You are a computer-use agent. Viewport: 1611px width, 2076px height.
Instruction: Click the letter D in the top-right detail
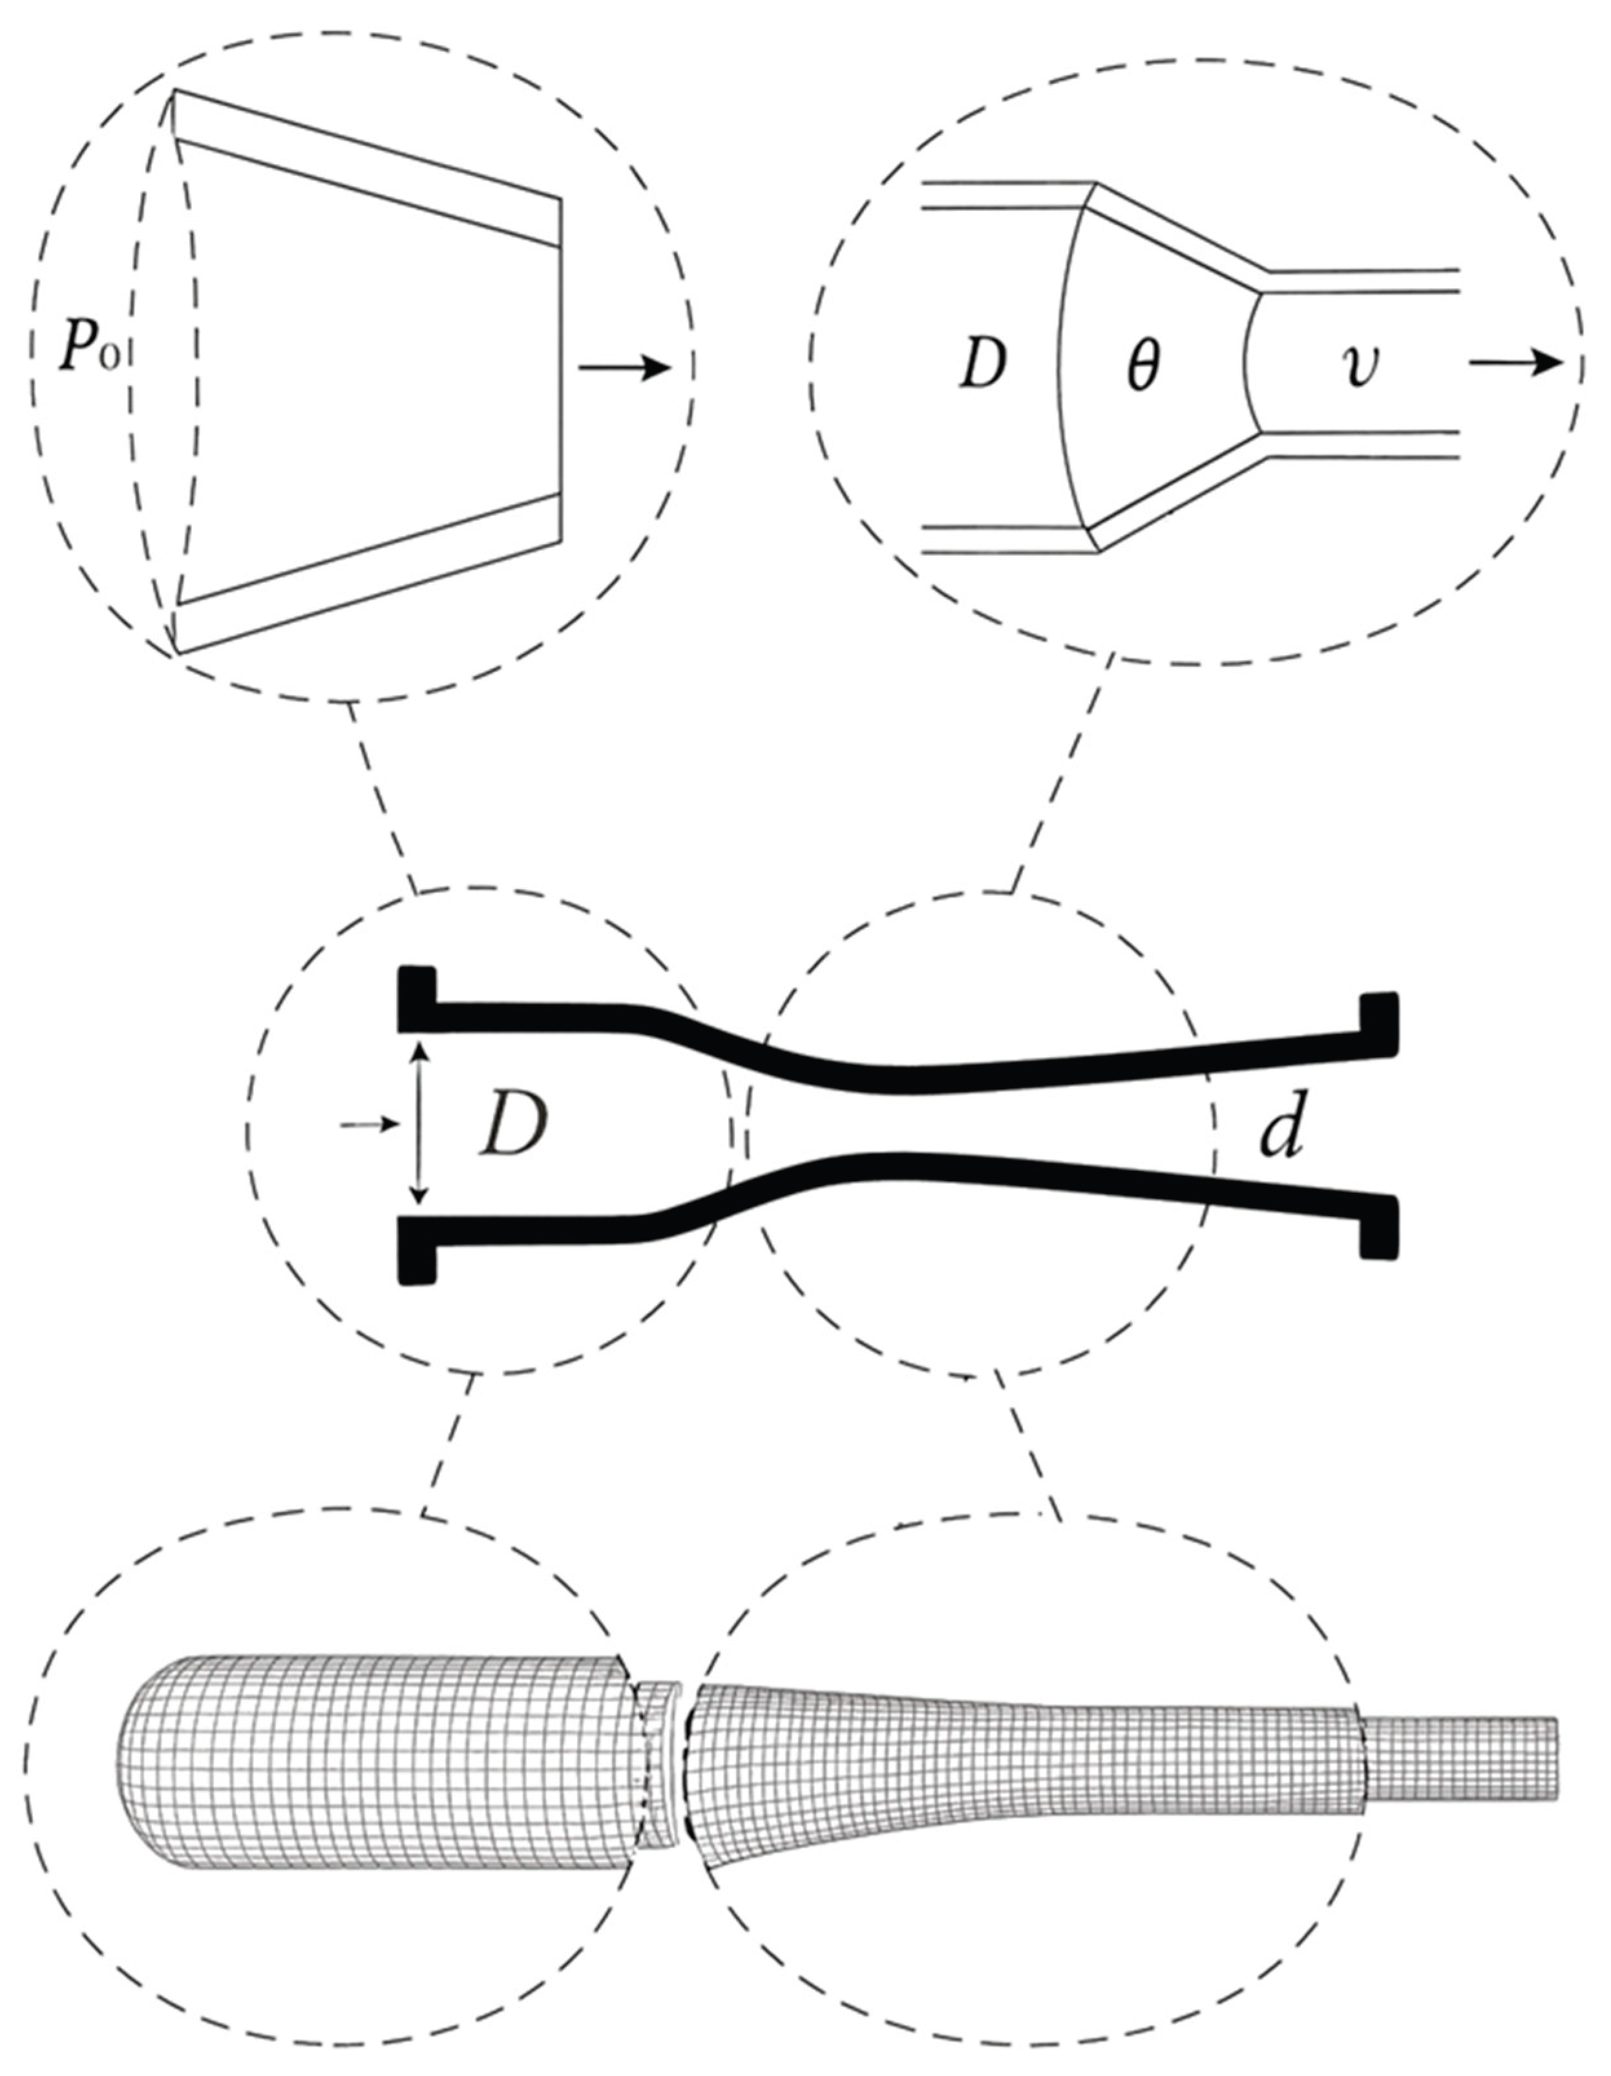coord(983,364)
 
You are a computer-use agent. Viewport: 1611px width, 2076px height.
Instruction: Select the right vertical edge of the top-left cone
coord(560,369)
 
